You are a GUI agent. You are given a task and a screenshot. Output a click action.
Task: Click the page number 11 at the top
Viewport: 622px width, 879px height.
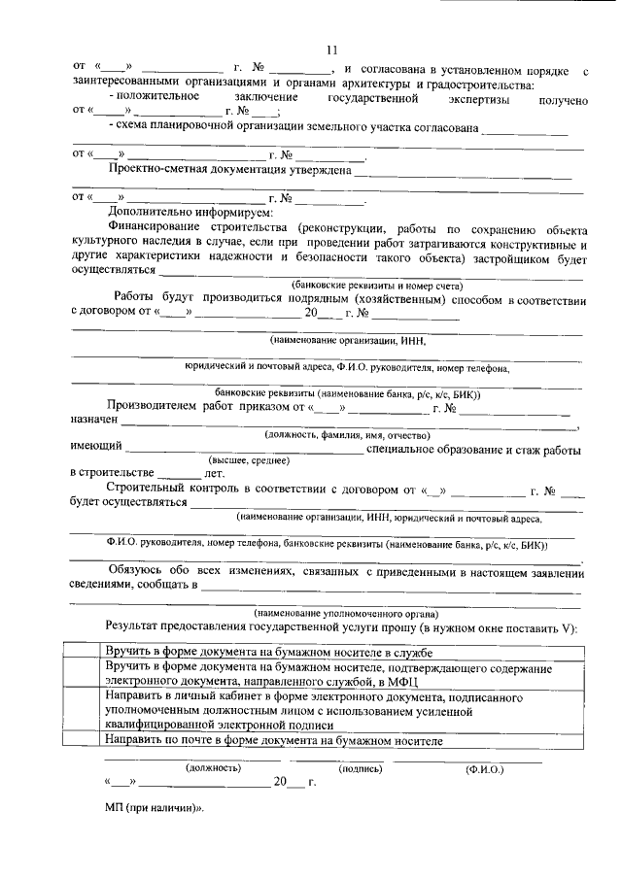(330, 50)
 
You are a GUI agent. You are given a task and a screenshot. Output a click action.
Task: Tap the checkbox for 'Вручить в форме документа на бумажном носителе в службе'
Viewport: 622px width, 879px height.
(82, 651)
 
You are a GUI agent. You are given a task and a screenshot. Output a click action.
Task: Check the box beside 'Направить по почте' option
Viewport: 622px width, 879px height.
(82, 740)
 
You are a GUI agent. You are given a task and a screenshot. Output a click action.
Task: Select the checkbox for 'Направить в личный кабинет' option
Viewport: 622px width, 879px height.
(82, 710)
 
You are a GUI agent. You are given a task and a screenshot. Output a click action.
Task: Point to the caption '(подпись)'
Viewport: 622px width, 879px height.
(360, 767)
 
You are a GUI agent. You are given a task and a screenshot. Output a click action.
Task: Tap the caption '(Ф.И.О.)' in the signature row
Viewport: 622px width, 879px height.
(484, 767)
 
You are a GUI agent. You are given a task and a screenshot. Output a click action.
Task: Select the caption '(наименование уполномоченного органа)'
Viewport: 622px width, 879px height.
(345, 614)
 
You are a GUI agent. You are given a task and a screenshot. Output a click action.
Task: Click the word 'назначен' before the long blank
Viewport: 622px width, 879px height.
(94, 421)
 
